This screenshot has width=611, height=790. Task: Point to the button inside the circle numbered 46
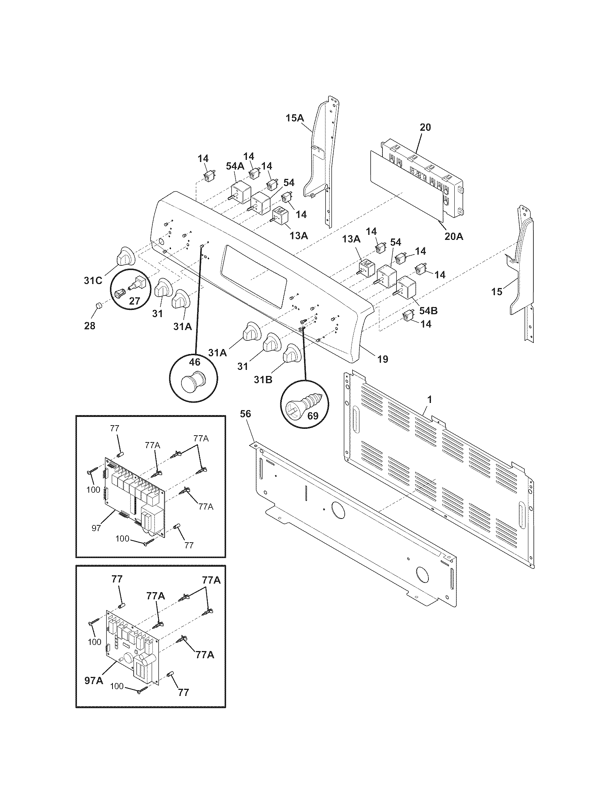click(x=193, y=381)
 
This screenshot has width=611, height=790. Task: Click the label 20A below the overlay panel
click(x=454, y=237)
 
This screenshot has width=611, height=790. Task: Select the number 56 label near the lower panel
click(x=245, y=414)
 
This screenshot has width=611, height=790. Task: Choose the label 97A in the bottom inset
click(x=94, y=680)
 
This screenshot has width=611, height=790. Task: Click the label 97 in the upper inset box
click(x=96, y=528)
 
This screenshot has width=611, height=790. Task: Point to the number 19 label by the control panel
click(x=383, y=359)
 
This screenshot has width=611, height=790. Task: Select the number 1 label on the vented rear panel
click(x=429, y=400)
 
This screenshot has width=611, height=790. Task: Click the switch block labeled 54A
click(x=241, y=192)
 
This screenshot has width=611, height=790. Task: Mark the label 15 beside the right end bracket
click(x=497, y=292)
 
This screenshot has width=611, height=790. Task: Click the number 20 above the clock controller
click(x=425, y=127)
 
